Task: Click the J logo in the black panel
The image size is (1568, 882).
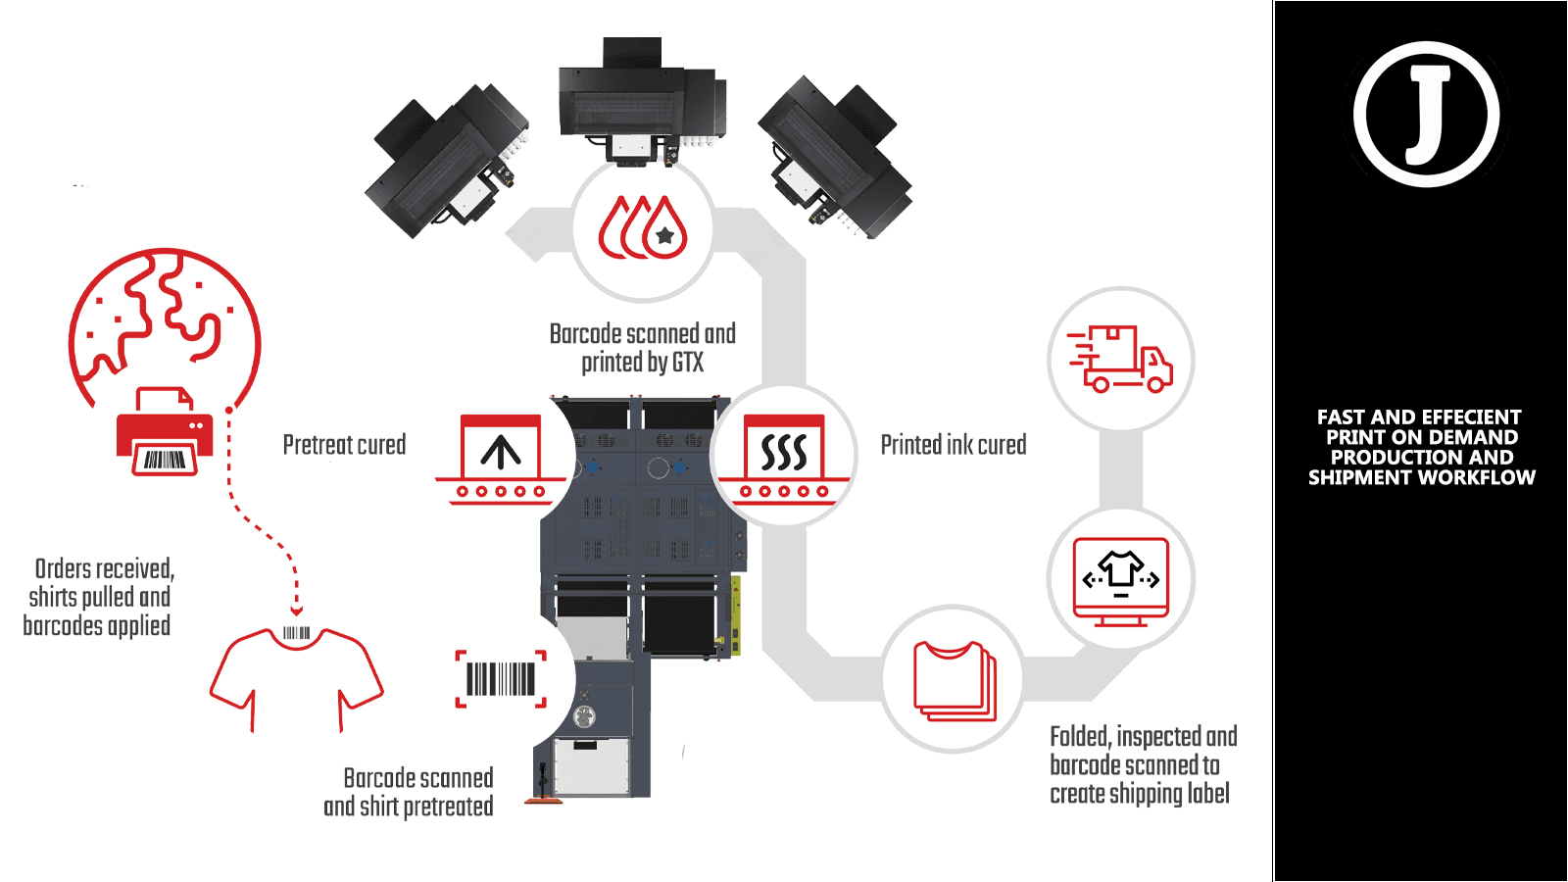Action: point(1427,115)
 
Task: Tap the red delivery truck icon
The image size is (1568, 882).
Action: point(1121,359)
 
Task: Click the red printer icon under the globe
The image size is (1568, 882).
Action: point(165,433)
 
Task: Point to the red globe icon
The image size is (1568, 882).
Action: point(165,323)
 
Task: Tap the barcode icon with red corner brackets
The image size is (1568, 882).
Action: point(501,678)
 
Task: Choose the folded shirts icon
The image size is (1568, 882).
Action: point(954,680)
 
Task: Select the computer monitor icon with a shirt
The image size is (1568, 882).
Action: point(1121,580)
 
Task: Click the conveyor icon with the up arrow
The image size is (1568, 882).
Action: point(501,459)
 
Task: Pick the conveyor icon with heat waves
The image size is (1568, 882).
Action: point(784,459)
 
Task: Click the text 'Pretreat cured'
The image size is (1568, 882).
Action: point(344,445)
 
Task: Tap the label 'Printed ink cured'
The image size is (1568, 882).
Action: point(953,445)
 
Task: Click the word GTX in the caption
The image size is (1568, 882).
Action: point(688,363)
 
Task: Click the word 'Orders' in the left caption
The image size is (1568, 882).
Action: point(63,569)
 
